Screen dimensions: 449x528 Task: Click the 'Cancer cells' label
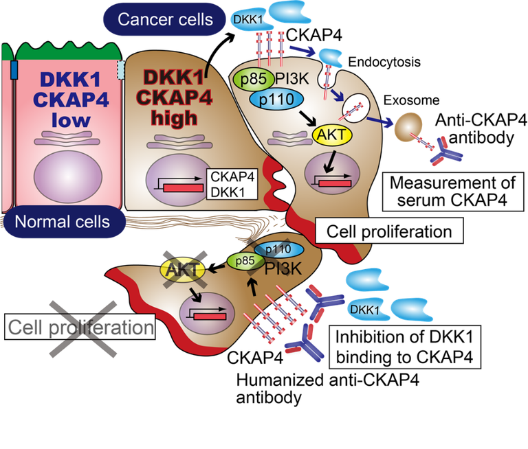(165, 19)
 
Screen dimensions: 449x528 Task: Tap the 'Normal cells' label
(63, 222)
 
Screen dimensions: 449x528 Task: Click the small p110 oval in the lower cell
(278, 250)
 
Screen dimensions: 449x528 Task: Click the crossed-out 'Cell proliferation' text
(80, 327)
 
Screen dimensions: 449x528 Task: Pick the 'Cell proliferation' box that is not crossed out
(388, 231)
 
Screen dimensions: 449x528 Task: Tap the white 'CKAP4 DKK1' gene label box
(232, 183)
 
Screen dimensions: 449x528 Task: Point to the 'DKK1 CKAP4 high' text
(166, 97)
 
